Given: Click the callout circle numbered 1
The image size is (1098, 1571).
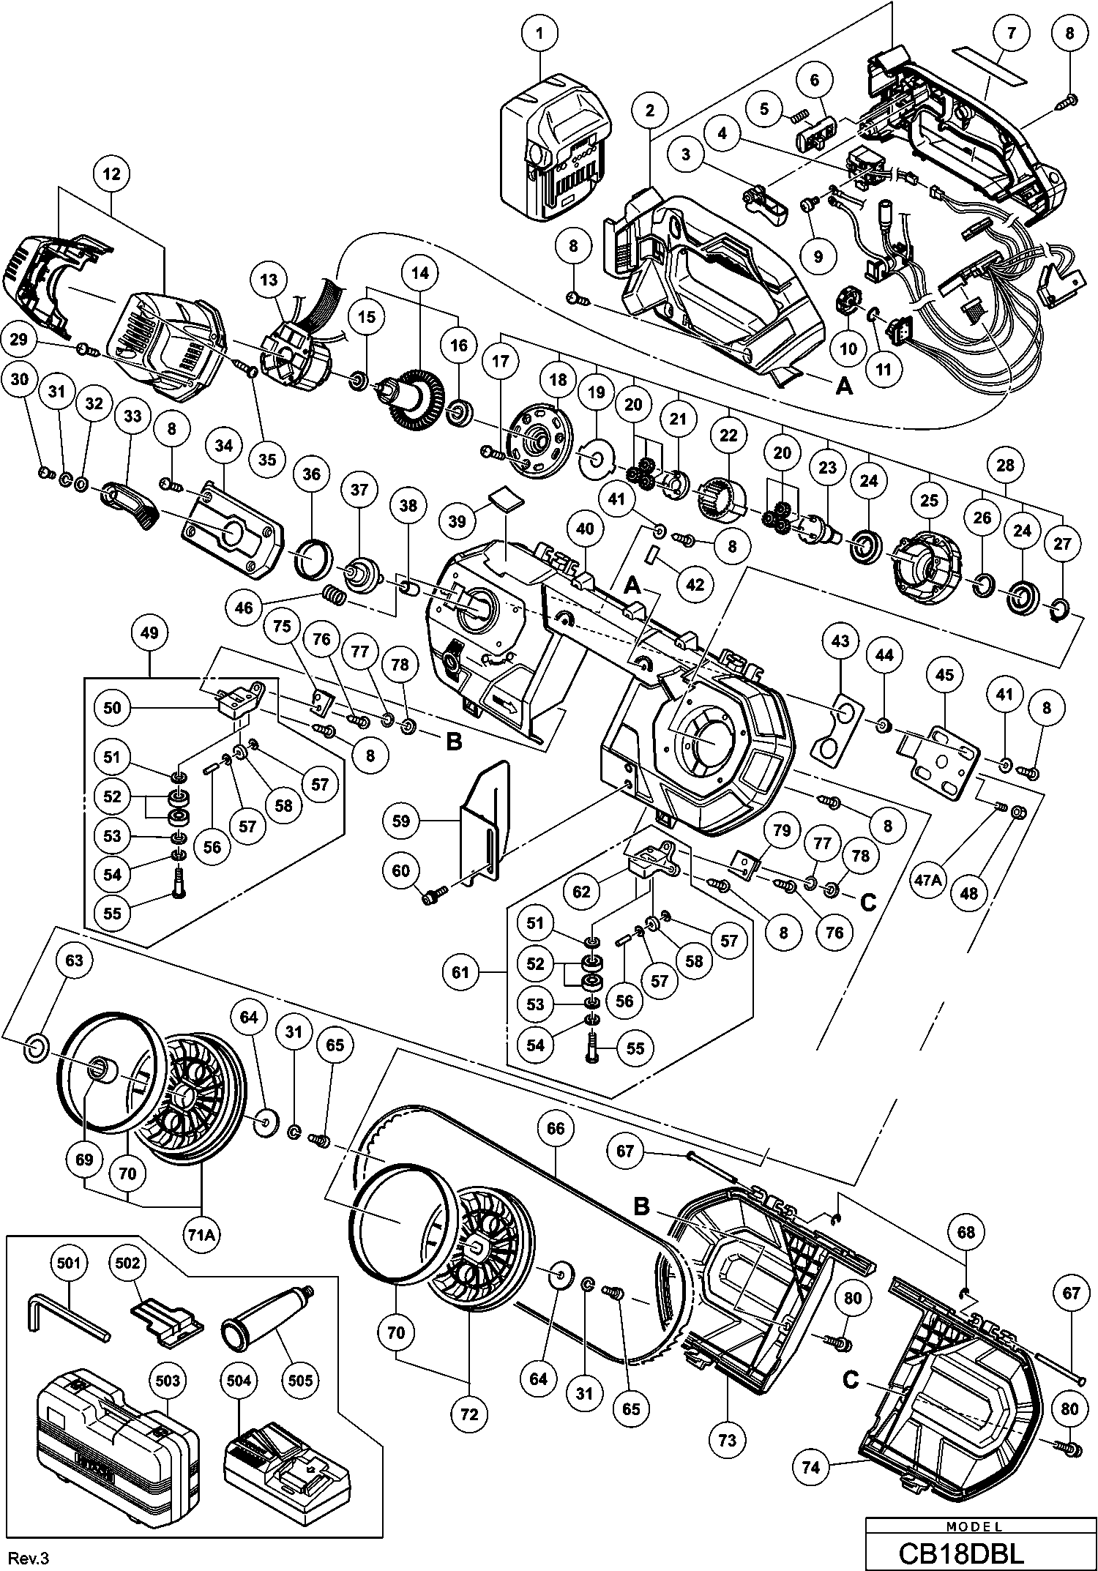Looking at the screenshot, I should pos(540,33).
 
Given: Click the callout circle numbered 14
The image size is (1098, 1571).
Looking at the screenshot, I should pos(420,273).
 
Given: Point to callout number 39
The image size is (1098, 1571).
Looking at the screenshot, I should pos(457,520).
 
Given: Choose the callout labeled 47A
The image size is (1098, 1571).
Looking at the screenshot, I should pos(927,881).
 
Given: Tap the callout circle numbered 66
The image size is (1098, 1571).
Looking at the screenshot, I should pos(556,1128).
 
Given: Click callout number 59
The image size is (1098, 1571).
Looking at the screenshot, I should pos(401,821).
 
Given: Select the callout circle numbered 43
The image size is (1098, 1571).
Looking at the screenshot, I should pos(840,641).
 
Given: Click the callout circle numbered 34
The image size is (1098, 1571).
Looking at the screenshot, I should pos(224,444).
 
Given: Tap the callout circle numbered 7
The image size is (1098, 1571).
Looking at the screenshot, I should pos(1011,33).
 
